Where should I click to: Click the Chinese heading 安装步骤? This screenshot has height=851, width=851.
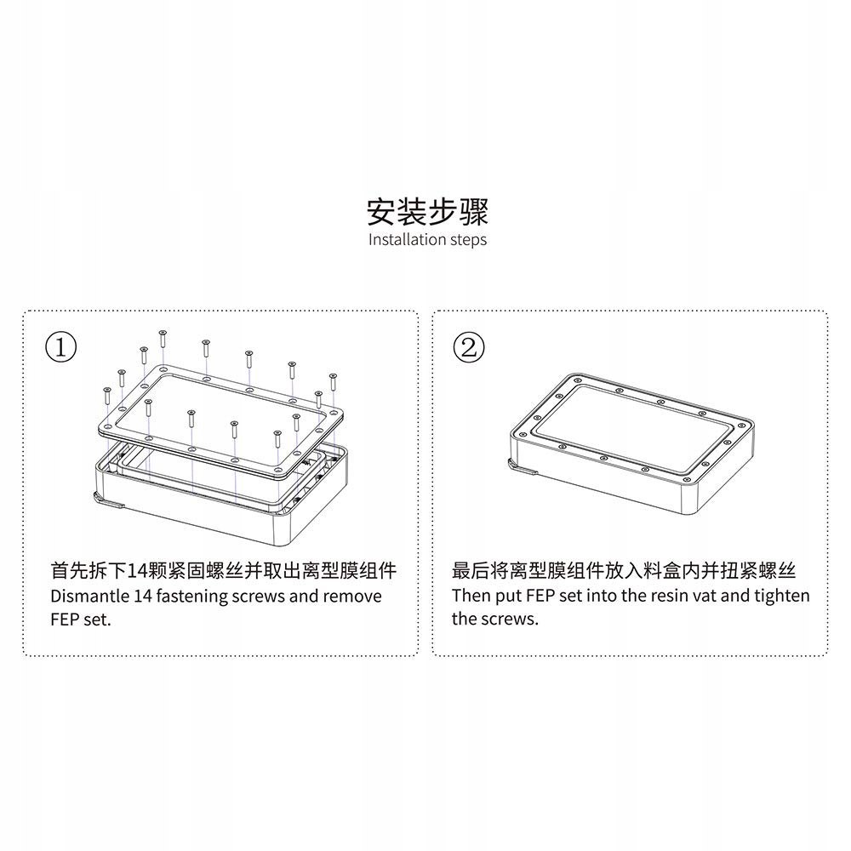(x=427, y=212)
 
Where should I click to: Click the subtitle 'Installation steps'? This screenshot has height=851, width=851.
(x=428, y=239)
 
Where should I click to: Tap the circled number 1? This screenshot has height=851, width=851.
(x=60, y=347)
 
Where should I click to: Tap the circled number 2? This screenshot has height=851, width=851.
(x=468, y=347)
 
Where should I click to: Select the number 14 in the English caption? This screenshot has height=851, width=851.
(x=143, y=597)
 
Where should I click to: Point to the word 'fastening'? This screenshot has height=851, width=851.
(x=192, y=597)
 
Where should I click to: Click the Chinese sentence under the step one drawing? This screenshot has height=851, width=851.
(x=224, y=570)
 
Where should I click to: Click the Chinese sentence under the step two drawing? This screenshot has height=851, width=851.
(x=624, y=570)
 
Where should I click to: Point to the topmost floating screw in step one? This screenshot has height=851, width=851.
(x=163, y=339)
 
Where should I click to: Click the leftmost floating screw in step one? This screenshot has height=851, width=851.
(x=107, y=397)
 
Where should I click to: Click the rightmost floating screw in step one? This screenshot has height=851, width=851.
(x=334, y=382)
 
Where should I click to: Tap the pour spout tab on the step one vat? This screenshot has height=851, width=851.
(x=109, y=500)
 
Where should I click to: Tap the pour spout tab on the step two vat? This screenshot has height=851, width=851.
(x=523, y=467)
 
